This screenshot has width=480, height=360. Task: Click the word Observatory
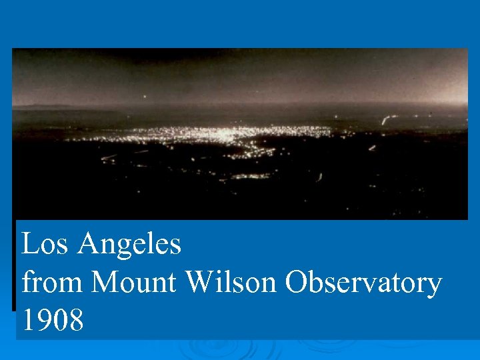click(x=363, y=284)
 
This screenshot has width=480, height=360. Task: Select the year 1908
click(x=53, y=321)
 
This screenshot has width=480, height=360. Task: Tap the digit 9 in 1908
click(x=45, y=321)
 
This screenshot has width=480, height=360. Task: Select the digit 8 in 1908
click(x=76, y=321)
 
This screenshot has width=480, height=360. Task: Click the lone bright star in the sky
click(x=144, y=97)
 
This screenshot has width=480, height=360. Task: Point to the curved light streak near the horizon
click(x=385, y=120)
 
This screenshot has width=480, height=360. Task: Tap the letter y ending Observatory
click(x=433, y=287)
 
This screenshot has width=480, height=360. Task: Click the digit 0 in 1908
click(x=61, y=321)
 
